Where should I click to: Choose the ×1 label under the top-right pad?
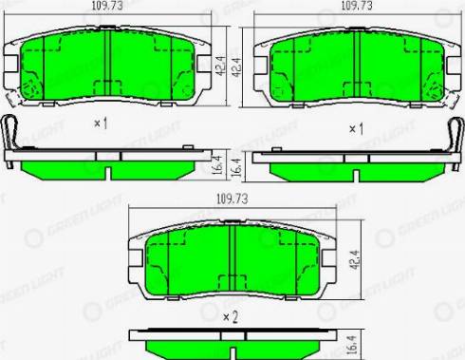(x=356, y=127)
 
